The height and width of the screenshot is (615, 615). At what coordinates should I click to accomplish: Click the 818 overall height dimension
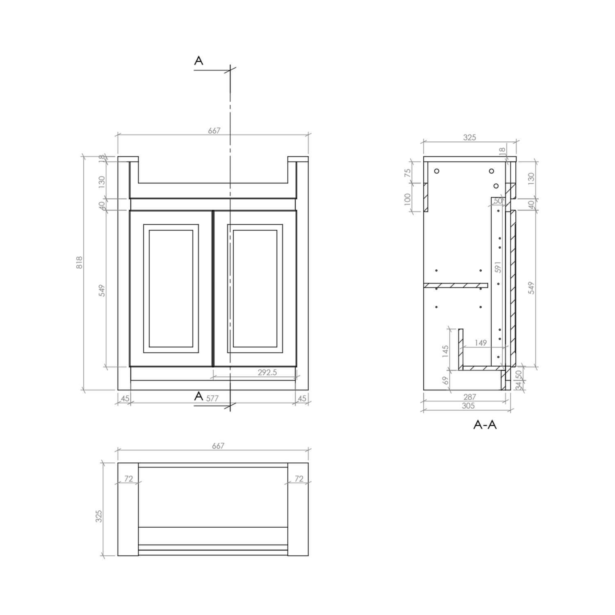pyautogui.click(x=80, y=262)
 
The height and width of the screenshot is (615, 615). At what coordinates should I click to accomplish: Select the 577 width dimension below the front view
pyautogui.click(x=212, y=398)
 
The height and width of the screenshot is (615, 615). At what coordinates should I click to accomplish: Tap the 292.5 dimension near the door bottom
pyautogui.click(x=267, y=372)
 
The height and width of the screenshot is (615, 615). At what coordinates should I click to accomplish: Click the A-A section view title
pyautogui.click(x=485, y=425)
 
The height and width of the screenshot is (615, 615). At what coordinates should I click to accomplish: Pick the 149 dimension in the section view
pyautogui.click(x=481, y=343)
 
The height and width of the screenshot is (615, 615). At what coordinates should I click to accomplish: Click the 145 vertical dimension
pyautogui.click(x=446, y=351)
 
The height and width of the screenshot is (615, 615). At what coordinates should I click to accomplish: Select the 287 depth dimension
pyautogui.click(x=469, y=396)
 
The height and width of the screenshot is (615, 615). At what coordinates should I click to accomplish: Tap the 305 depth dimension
pyautogui.click(x=468, y=405)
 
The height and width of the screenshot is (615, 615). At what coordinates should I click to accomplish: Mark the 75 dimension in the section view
pyautogui.click(x=408, y=173)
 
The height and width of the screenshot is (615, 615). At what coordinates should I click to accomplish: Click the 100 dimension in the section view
pyautogui.click(x=408, y=199)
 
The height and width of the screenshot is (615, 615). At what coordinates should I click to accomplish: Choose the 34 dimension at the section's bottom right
pyautogui.click(x=519, y=385)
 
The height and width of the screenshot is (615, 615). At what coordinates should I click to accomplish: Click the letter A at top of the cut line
pyautogui.click(x=198, y=61)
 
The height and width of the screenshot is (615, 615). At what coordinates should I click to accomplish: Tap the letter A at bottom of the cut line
pyautogui.click(x=198, y=396)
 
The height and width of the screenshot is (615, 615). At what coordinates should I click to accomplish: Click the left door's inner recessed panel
pyautogui.click(x=171, y=288)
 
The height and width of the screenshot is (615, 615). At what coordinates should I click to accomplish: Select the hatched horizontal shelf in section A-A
pyautogui.click(x=456, y=285)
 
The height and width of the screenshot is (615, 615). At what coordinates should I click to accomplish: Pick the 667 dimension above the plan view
pyautogui.click(x=218, y=446)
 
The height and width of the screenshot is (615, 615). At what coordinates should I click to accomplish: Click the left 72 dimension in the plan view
pyautogui.click(x=128, y=478)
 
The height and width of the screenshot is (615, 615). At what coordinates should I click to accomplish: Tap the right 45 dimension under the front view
pyautogui.click(x=302, y=398)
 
